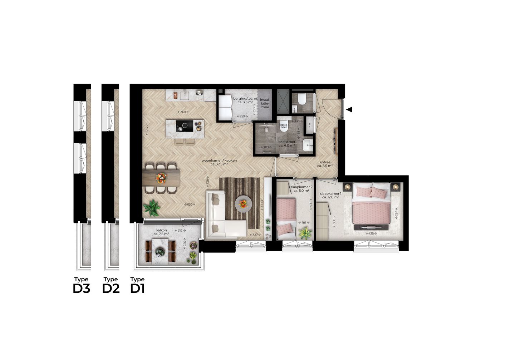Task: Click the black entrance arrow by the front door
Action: click(349, 109)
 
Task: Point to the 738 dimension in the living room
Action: click(207, 182)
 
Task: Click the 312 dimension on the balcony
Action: click(180, 231)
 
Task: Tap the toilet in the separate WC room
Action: click(302, 98)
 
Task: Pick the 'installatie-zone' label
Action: click(265, 103)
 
